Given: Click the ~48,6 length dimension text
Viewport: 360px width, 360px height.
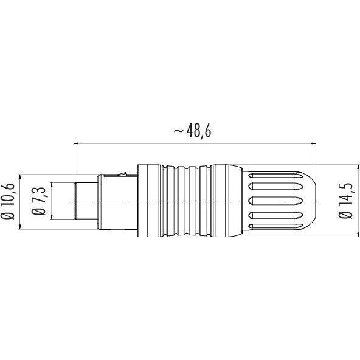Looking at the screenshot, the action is pyautogui.click(x=192, y=131).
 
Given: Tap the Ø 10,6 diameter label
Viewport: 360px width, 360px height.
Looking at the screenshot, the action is pyautogui.click(x=8, y=201).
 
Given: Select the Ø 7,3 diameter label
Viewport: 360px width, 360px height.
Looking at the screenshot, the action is pyautogui.click(x=38, y=201).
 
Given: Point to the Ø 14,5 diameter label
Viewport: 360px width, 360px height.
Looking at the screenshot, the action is pyautogui.click(x=345, y=201).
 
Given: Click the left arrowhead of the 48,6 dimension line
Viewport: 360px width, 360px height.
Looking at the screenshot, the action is pyautogui.click(x=76, y=144).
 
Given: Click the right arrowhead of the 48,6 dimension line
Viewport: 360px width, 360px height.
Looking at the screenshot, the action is pyautogui.click(x=313, y=144).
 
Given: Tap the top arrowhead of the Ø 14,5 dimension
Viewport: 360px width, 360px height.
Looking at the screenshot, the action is pyautogui.click(x=358, y=167).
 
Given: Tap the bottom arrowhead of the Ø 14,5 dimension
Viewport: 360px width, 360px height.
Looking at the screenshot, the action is pyautogui.click(x=358, y=234).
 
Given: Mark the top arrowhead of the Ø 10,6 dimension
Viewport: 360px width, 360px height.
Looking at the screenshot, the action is pyautogui.click(x=21, y=177).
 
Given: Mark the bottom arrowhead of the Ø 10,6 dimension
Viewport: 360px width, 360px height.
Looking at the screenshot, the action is pyautogui.click(x=21, y=226).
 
